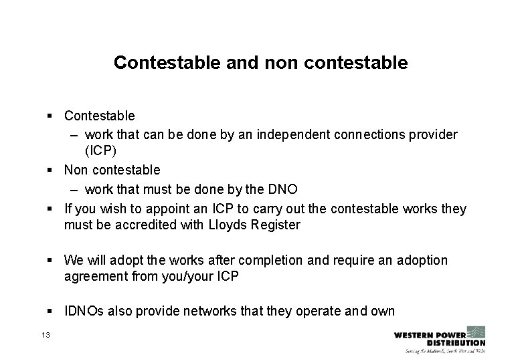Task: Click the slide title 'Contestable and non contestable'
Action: coord(260,63)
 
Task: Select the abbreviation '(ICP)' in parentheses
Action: coord(102,150)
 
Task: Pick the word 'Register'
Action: coord(274,225)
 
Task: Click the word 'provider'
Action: coord(434,135)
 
